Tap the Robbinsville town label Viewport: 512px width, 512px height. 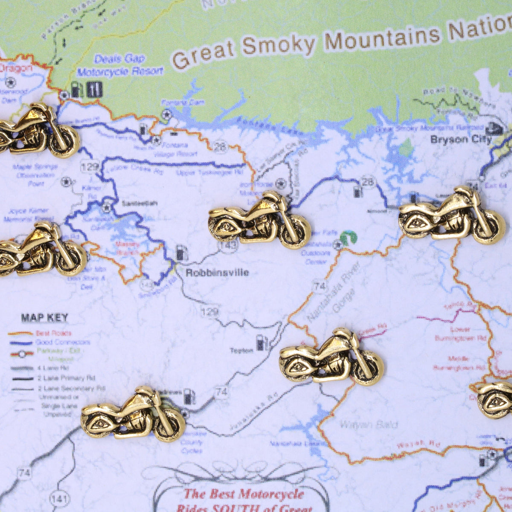pos(217,273)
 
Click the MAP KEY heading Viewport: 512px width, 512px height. pos(44,317)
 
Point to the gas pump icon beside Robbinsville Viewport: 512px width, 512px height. pos(182,253)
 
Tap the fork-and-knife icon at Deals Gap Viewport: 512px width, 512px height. pos(94,89)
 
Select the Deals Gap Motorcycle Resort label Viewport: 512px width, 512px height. pos(120,65)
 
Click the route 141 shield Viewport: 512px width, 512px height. pos(58,498)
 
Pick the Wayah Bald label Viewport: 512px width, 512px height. pos(369,425)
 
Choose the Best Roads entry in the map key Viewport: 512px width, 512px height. pos(53,333)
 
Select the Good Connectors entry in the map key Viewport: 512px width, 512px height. pos(63,343)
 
